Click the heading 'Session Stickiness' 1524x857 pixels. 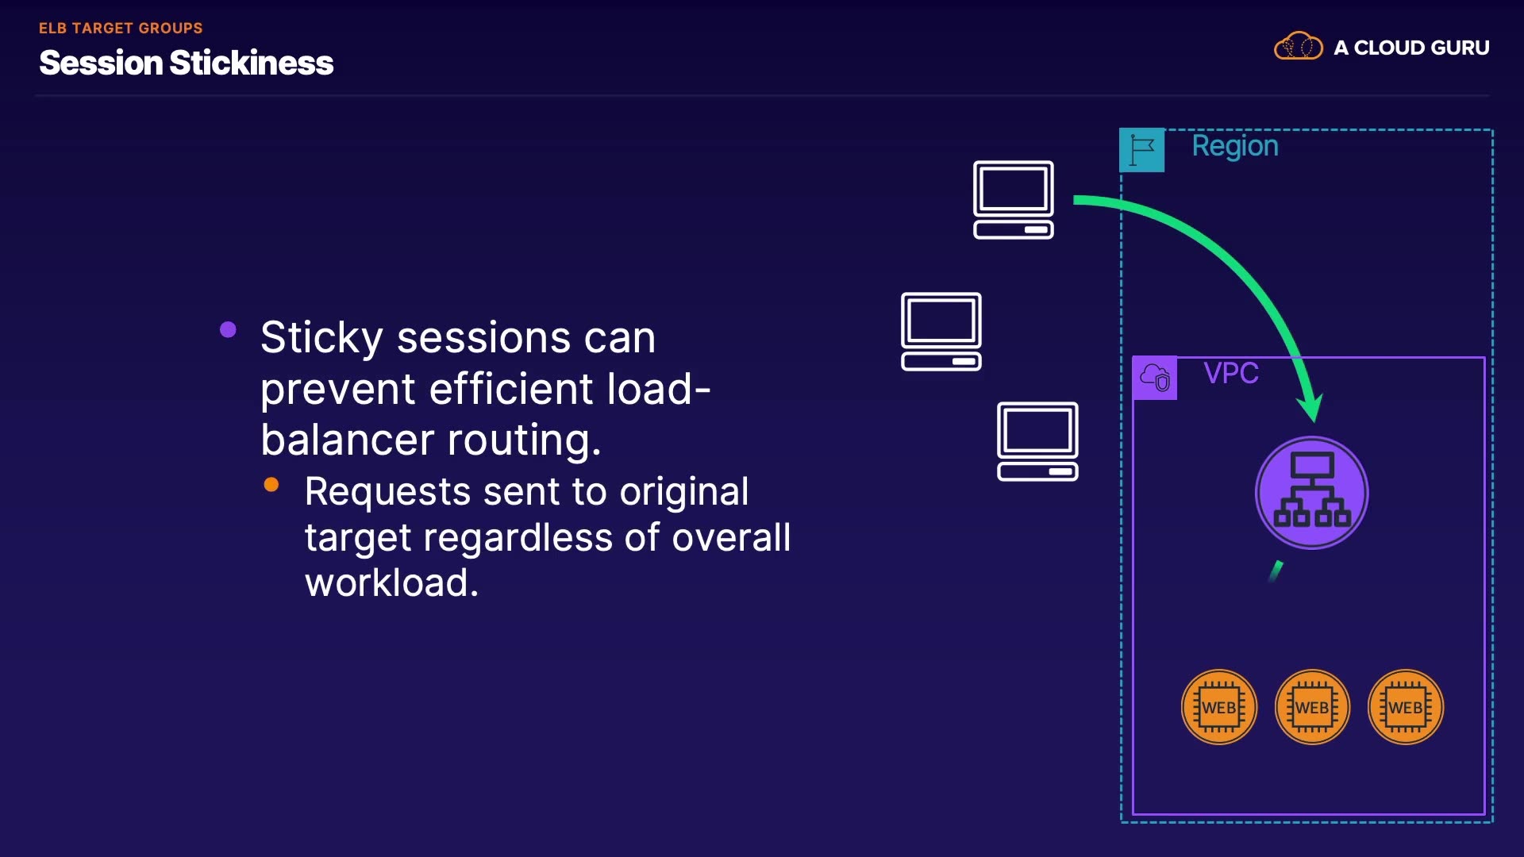186,63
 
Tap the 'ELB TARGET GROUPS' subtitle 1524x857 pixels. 121,28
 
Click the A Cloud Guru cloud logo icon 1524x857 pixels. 1298,47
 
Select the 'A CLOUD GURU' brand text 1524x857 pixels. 1411,48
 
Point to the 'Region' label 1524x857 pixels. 1234,146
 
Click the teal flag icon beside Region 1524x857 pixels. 1141,150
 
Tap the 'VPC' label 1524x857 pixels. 1230,373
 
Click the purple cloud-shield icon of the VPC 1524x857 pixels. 1155,378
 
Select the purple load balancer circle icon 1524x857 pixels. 1311,493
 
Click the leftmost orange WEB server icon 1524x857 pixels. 1218,707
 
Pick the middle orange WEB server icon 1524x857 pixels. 1312,707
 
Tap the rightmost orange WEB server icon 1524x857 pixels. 1405,707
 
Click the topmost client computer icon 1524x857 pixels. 1014,199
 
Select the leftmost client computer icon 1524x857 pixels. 941,331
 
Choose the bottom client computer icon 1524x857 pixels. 1037,441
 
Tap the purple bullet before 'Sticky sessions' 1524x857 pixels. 228,329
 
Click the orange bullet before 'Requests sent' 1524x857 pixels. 271,484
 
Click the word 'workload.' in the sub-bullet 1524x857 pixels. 391,583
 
